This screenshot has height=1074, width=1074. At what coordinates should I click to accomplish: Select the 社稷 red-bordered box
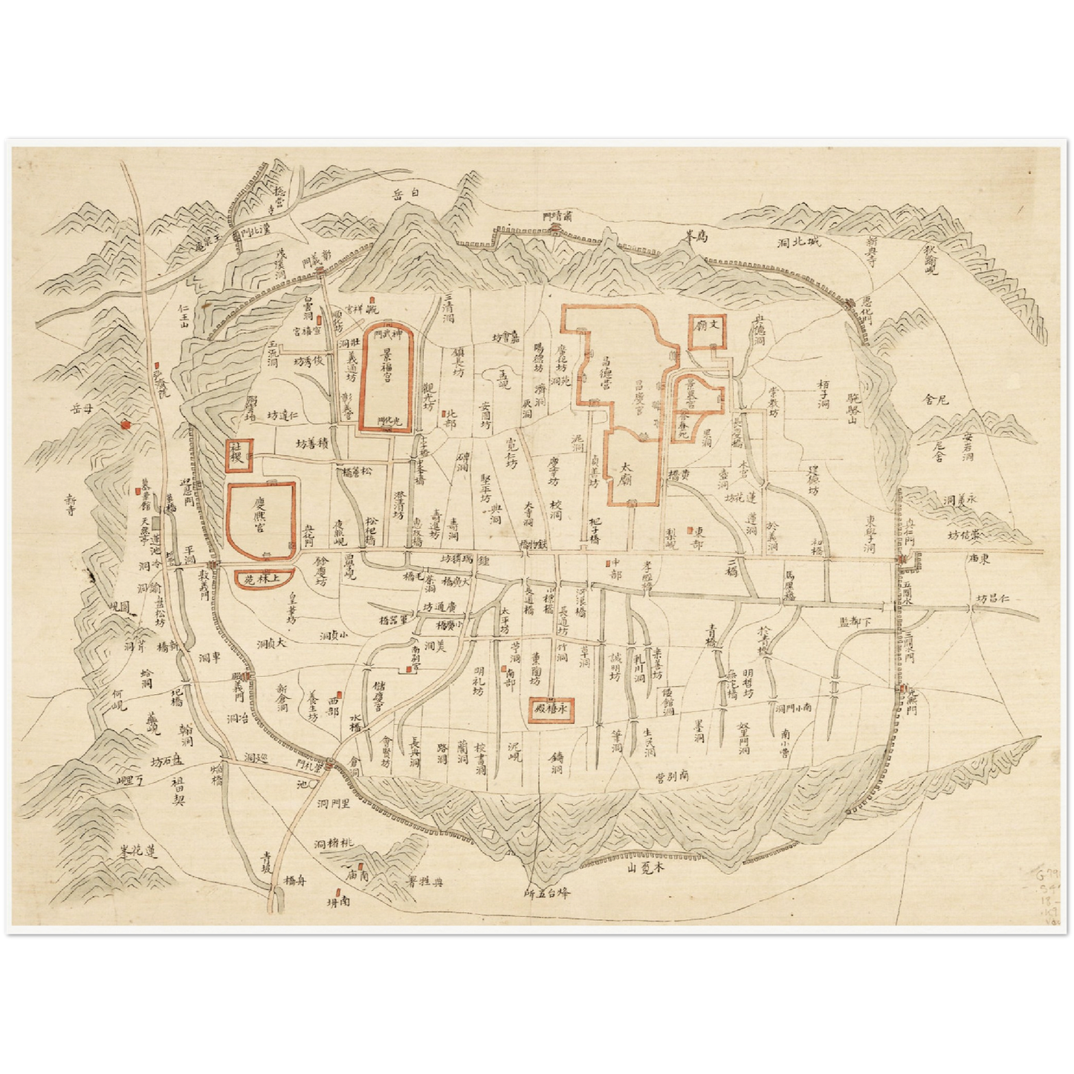point(240,454)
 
